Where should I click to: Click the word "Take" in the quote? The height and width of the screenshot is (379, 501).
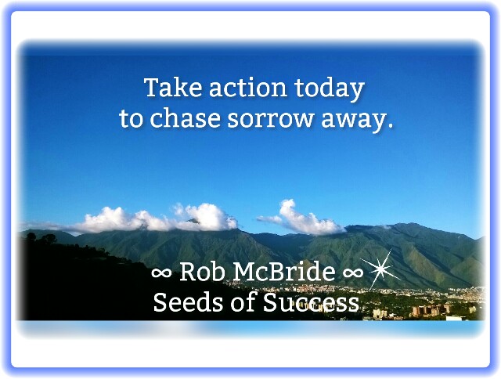[173, 87]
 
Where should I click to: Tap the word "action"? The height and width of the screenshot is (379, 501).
[247, 88]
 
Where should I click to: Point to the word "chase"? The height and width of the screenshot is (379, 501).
[185, 118]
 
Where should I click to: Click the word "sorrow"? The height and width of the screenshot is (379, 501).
[270, 119]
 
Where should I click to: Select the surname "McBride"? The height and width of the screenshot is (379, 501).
[284, 271]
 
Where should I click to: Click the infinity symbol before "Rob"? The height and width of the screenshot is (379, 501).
[161, 273]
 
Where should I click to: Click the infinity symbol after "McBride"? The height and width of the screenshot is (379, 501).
[353, 273]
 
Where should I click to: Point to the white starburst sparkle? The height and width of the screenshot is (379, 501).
[380, 269]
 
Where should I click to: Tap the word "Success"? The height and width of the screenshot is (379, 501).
[311, 302]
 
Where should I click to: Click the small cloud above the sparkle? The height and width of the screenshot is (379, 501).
[301, 218]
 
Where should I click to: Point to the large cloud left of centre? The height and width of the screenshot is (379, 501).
[157, 218]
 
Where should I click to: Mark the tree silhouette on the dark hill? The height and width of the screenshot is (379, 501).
[41, 238]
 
